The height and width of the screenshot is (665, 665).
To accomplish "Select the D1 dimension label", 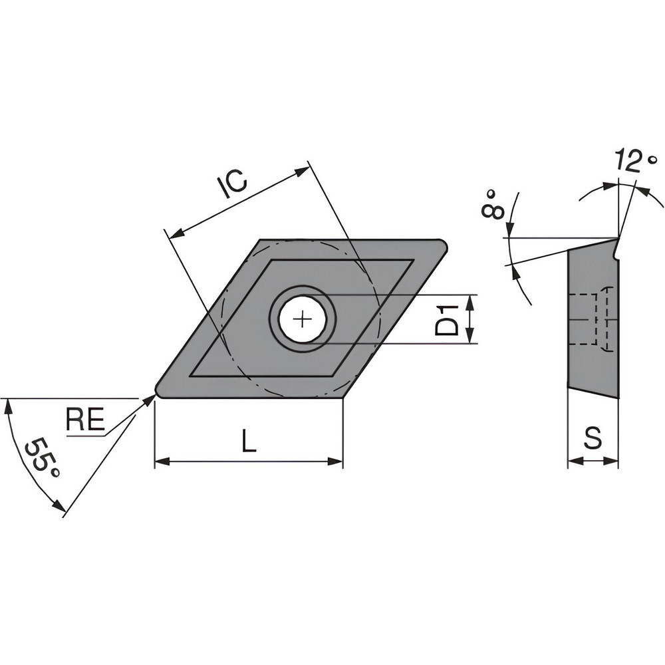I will pyautogui.click(x=451, y=320).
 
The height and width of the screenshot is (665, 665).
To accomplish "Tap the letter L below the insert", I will pyautogui.click(x=248, y=440).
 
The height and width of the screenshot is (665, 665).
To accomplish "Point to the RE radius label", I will pyautogui.click(x=85, y=420).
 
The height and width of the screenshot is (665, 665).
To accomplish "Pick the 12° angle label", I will pyautogui.click(x=635, y=162).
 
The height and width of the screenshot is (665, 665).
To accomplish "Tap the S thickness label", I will pyautogui.click(x=593, y=438).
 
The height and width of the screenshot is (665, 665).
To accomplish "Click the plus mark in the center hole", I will pyautogui.click(x=303, y=320).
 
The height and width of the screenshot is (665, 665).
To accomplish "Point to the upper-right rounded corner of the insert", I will pyautogui.click(x=441, y=245).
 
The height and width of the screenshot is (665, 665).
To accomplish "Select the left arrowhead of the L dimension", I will pyautogui.click(x=159, y=460).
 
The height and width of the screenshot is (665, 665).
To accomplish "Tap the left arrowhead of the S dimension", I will pyautogui.click(x=571, y=460).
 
